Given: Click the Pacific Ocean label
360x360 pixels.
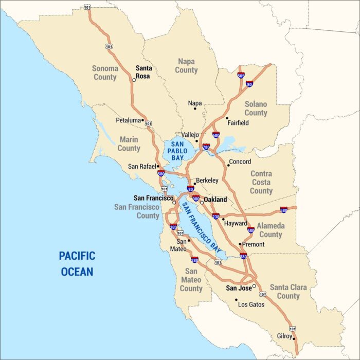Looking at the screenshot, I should tap(77, 263).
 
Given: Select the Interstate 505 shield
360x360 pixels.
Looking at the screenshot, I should tap(241, 75).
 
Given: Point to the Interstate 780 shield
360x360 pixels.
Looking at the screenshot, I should tap(206, 147).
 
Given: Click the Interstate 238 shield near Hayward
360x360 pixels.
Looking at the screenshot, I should tap(215, 216).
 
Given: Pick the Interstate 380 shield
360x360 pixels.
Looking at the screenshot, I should tap(173, 227).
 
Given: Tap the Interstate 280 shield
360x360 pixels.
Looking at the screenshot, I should tap(194, 260).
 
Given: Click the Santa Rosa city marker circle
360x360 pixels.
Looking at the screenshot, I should tap(134, 80).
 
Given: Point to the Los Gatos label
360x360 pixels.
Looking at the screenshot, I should tap(251, 304).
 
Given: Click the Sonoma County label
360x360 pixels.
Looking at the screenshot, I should tap(105, 73).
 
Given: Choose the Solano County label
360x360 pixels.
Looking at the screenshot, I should tap(256, 108).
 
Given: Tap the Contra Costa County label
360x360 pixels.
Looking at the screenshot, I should tap(261, 182).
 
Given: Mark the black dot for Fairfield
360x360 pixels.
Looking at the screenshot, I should tap(227, 118).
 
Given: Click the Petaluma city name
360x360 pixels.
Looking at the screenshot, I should tap(128, 120).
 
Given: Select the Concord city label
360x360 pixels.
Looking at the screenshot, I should tap(240, 161).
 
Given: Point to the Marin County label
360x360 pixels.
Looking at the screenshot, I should tap(129, 143).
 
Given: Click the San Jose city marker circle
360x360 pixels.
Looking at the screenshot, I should tap(254, 286).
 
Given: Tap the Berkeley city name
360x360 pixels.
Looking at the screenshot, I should tap(207, 181).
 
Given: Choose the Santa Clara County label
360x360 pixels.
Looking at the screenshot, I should tap(288, 291).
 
